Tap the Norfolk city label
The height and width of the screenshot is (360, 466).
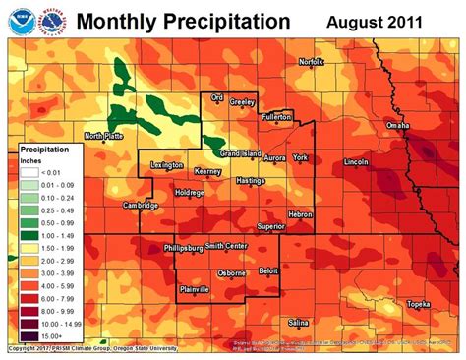312,62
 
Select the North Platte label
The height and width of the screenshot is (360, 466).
103,136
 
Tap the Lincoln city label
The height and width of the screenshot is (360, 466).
358,160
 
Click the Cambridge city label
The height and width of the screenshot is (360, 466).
141,206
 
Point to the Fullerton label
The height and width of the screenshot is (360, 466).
278,116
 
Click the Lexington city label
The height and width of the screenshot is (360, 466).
168,165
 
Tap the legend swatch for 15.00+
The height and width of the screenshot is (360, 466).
31,336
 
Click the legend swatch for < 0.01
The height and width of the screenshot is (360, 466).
31,171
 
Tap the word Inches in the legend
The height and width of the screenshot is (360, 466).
32,159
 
